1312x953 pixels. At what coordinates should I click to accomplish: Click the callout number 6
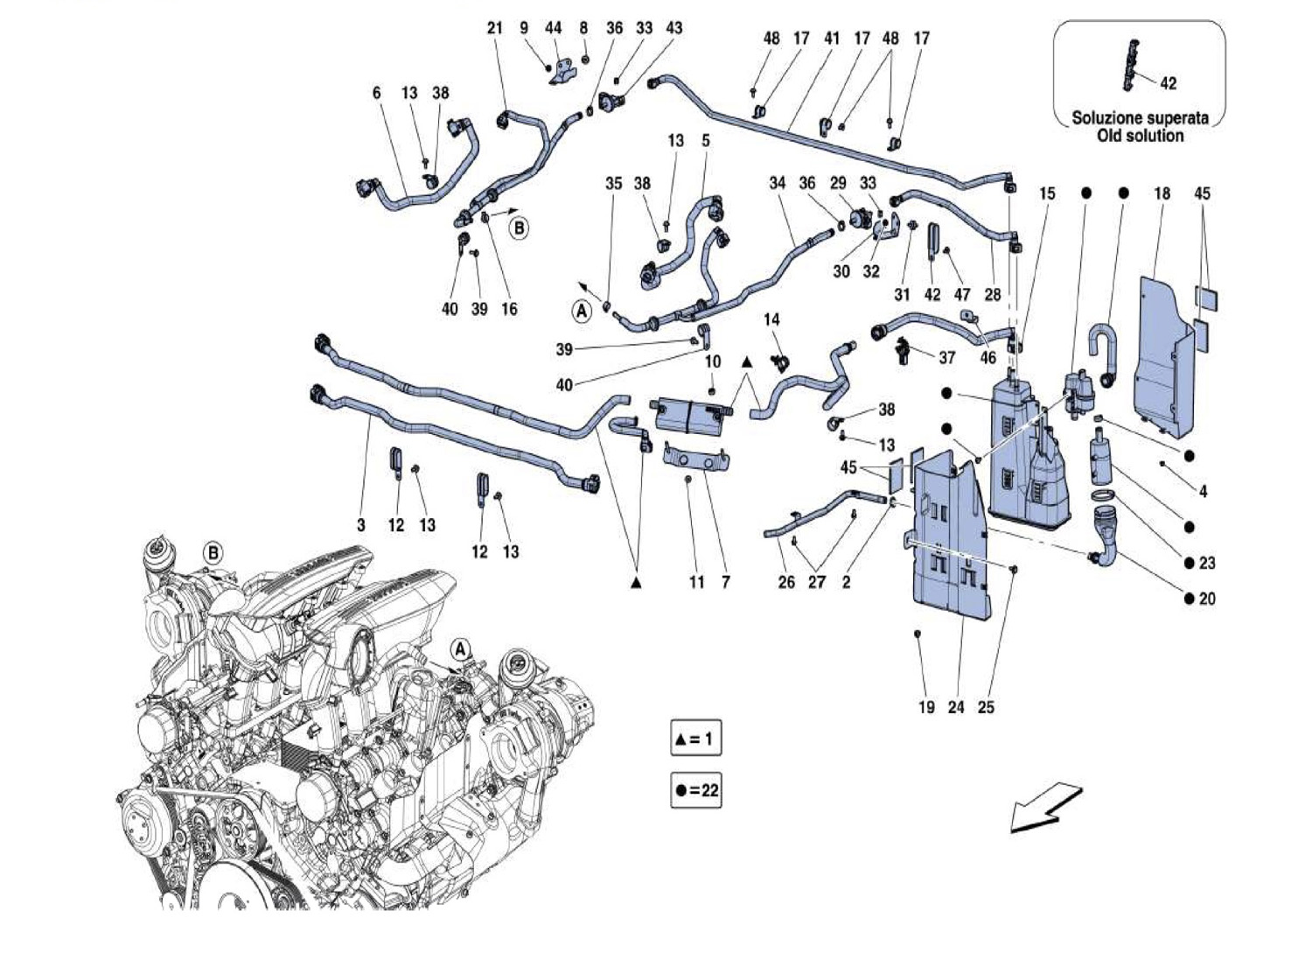[x=377, y=93]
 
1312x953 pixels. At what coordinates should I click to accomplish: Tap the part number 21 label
[x=495, y=28]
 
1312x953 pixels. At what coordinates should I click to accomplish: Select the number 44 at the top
[x=554, y=28]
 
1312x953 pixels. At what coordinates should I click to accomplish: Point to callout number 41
[x=832, y=39]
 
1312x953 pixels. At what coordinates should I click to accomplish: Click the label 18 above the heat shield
[x=1162, y=193]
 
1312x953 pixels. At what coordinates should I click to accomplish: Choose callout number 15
[x=1048, y=193]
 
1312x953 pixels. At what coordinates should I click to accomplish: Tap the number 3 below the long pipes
[x=361, y=525]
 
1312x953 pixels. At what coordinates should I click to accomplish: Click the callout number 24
[x=956, y=707]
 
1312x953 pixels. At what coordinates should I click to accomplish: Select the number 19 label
[x=926, y=707]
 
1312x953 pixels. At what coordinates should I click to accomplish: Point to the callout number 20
[x=1207, y=599]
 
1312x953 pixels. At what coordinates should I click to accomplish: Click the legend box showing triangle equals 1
[x=696, y=739]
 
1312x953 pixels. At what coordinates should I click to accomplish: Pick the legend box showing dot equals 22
[x=696, y=790]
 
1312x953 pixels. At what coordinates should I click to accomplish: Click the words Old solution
[x=1141, y=136]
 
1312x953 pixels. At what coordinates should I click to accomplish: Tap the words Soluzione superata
[x=1141, y=117]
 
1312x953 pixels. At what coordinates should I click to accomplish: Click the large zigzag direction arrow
[x=1046, y=806]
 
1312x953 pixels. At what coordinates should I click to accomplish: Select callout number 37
[x=946, y=357]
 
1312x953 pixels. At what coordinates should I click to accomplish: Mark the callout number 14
[x=771, y=319]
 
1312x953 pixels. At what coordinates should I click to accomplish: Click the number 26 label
[x=786, y=581]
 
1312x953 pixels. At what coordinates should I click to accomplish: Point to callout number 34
[x=778, y=183]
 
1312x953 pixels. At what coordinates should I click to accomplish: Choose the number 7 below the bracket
[x=726, y=581]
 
